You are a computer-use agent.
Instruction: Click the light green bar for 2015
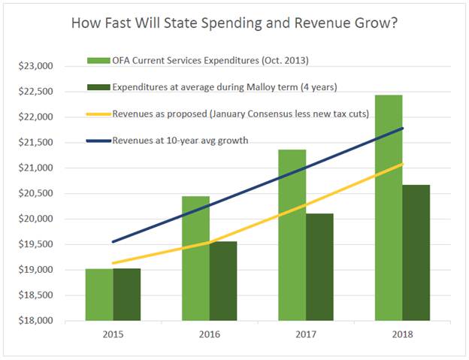[x=99, y=295]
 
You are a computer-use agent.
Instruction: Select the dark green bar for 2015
[x=127, y=295]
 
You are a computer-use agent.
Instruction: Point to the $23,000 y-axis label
[x=35, y=66]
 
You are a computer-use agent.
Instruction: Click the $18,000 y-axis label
[x=35, y=321]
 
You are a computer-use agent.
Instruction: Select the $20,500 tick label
[x=35, y=194]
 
